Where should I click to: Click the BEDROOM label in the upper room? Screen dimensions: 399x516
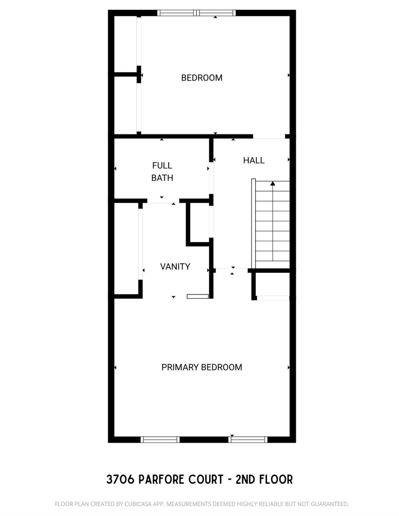(x=202, y=78)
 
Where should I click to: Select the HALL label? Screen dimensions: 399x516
(x=254, y=160)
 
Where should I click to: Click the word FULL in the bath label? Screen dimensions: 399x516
(x=162, y=166)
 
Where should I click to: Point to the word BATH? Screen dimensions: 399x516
(x=162, y=178)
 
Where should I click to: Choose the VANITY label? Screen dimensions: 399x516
(x=175, y=267)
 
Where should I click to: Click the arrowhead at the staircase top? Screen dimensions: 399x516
(x=273, y=183)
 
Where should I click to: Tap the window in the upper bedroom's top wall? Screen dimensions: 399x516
(x=197, y=13)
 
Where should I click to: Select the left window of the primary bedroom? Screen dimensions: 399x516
(x=160, y=440)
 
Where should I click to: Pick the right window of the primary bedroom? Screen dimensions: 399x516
(x=248, y=440)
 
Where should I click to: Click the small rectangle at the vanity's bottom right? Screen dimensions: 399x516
(x=198, y=296)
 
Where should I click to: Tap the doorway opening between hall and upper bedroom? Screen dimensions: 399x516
(x=269, y=137)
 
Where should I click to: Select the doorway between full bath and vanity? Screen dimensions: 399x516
(x=163, y=201)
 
